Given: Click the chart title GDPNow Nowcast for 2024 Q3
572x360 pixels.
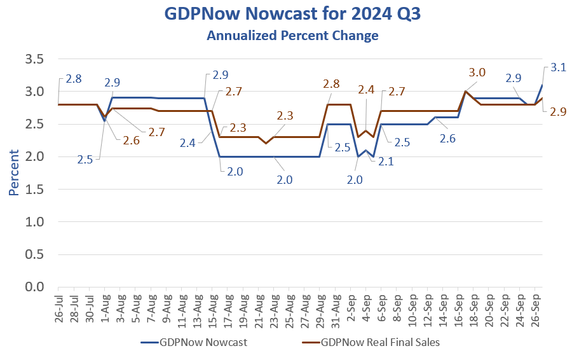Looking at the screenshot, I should (x=292, y=13).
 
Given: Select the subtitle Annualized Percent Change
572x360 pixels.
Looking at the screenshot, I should (x=292, y=36).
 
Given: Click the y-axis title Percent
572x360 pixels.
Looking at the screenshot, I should (x=14, y=173).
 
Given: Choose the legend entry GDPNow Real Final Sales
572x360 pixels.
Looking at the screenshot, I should (x=381, y=342).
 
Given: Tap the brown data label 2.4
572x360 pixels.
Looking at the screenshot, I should (x=366, y=90).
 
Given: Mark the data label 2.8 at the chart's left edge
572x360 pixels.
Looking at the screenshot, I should (x=73, y=79).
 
